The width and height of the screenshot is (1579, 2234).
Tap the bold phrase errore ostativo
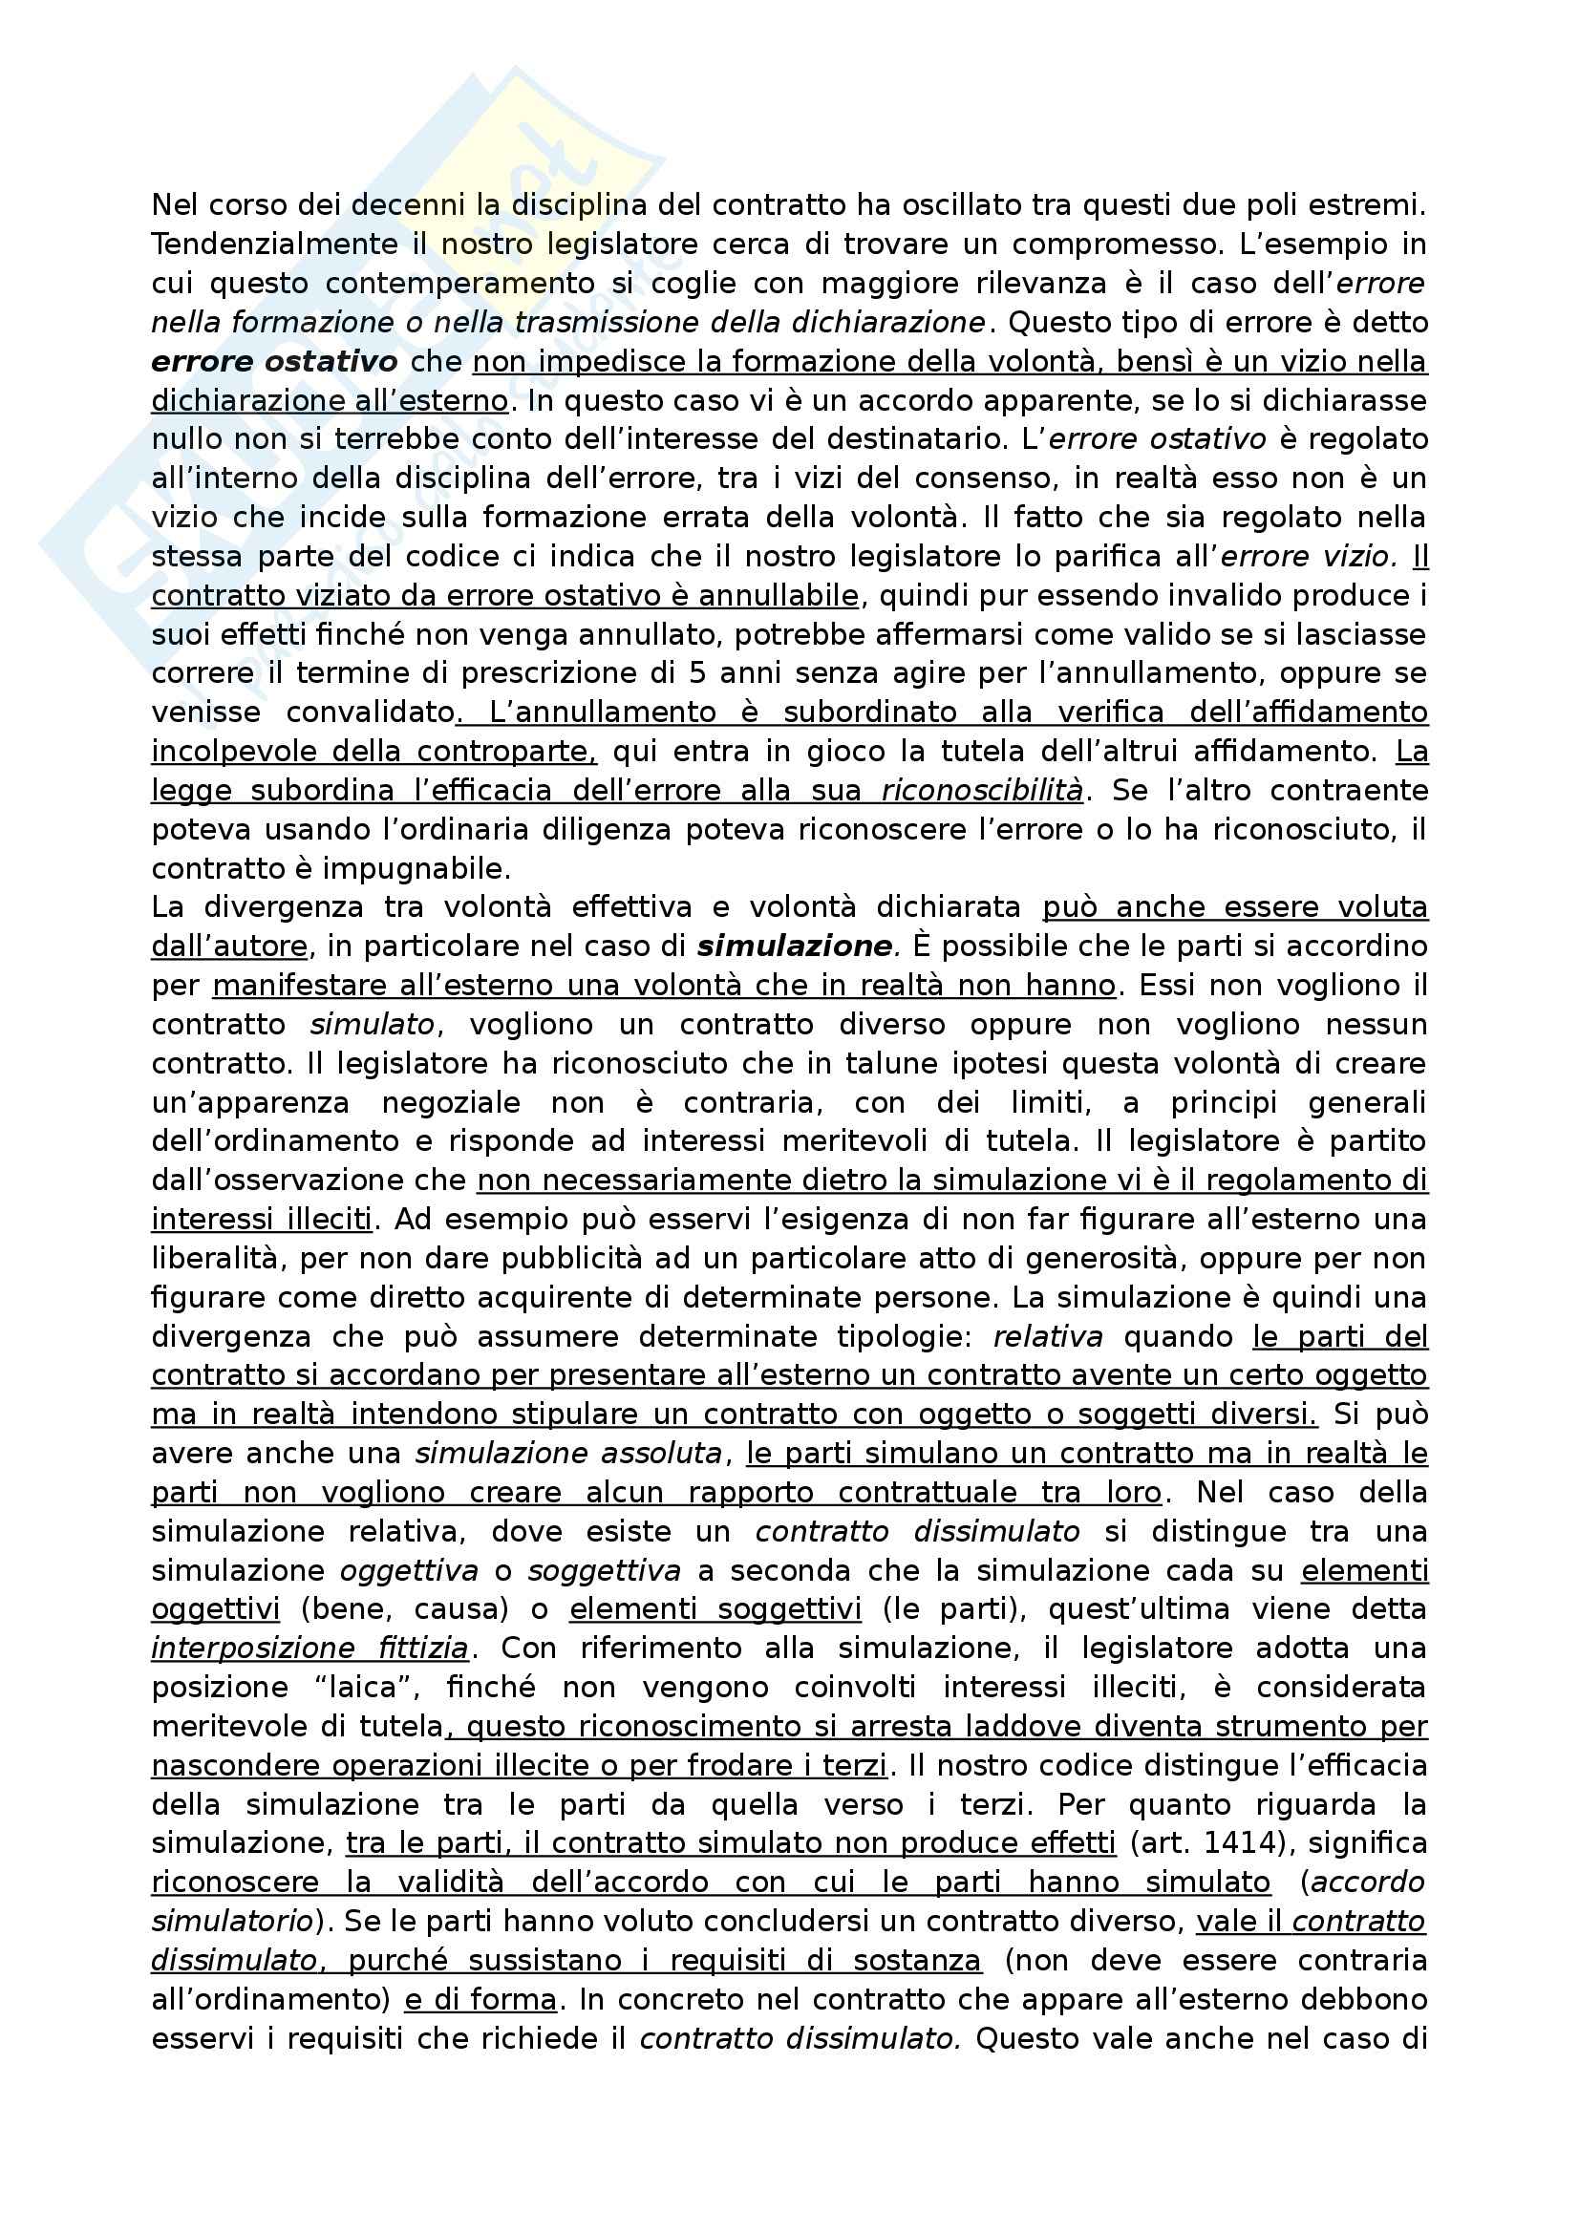274,362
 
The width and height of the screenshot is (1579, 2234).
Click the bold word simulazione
795,947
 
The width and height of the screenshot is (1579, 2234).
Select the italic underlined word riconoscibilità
982,791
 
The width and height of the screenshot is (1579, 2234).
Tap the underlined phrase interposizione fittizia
310,1649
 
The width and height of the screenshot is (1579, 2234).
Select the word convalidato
371,713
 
